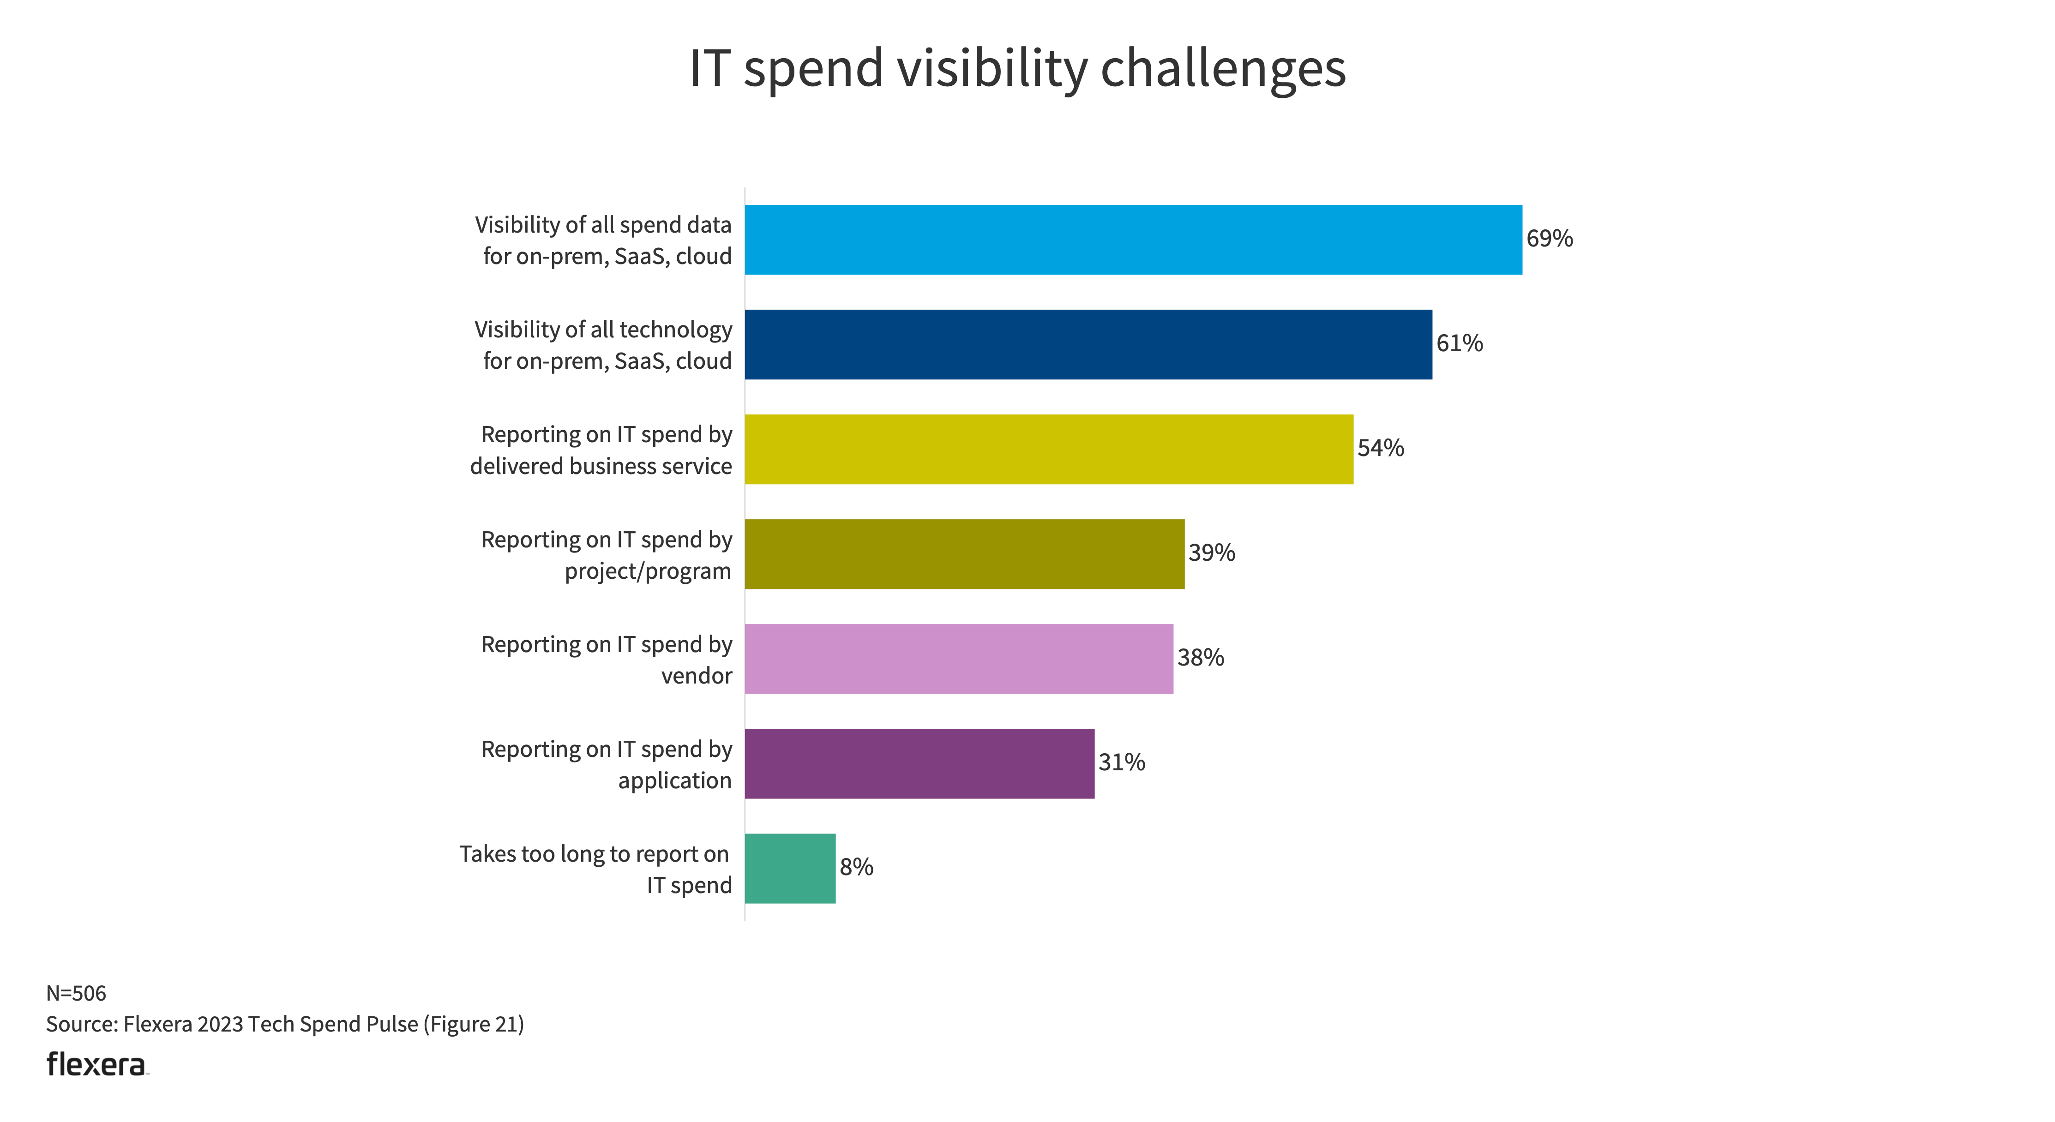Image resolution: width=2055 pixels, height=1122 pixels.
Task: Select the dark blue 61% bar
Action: click(1088, 344)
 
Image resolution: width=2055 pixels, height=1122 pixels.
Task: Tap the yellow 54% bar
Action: click(1048, 449)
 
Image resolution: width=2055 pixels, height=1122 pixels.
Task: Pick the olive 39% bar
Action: click(964, 554)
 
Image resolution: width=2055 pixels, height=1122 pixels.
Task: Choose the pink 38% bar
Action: click(958, 659)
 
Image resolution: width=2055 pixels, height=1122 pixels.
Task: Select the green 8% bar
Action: click(790, 869)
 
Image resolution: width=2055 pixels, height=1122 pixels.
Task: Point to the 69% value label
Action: click(1549, 239)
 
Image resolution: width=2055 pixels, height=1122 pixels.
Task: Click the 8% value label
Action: click(856, 867)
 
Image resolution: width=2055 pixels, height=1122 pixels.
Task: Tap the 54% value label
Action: click(1380, 448)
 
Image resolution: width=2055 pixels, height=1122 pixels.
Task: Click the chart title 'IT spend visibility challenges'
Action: click(1017, 69)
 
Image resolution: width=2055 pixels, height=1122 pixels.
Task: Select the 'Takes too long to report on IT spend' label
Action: click(595, 869)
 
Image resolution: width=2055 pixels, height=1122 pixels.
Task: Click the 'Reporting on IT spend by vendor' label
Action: click(606, 660)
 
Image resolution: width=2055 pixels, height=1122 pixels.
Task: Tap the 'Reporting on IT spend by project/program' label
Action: click(606, 555)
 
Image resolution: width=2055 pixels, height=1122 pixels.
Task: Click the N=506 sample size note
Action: click(76, 993)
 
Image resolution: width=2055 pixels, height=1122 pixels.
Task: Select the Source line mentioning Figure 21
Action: click(285, 1024)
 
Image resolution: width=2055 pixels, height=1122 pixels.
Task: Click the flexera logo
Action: click(96, 1065)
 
